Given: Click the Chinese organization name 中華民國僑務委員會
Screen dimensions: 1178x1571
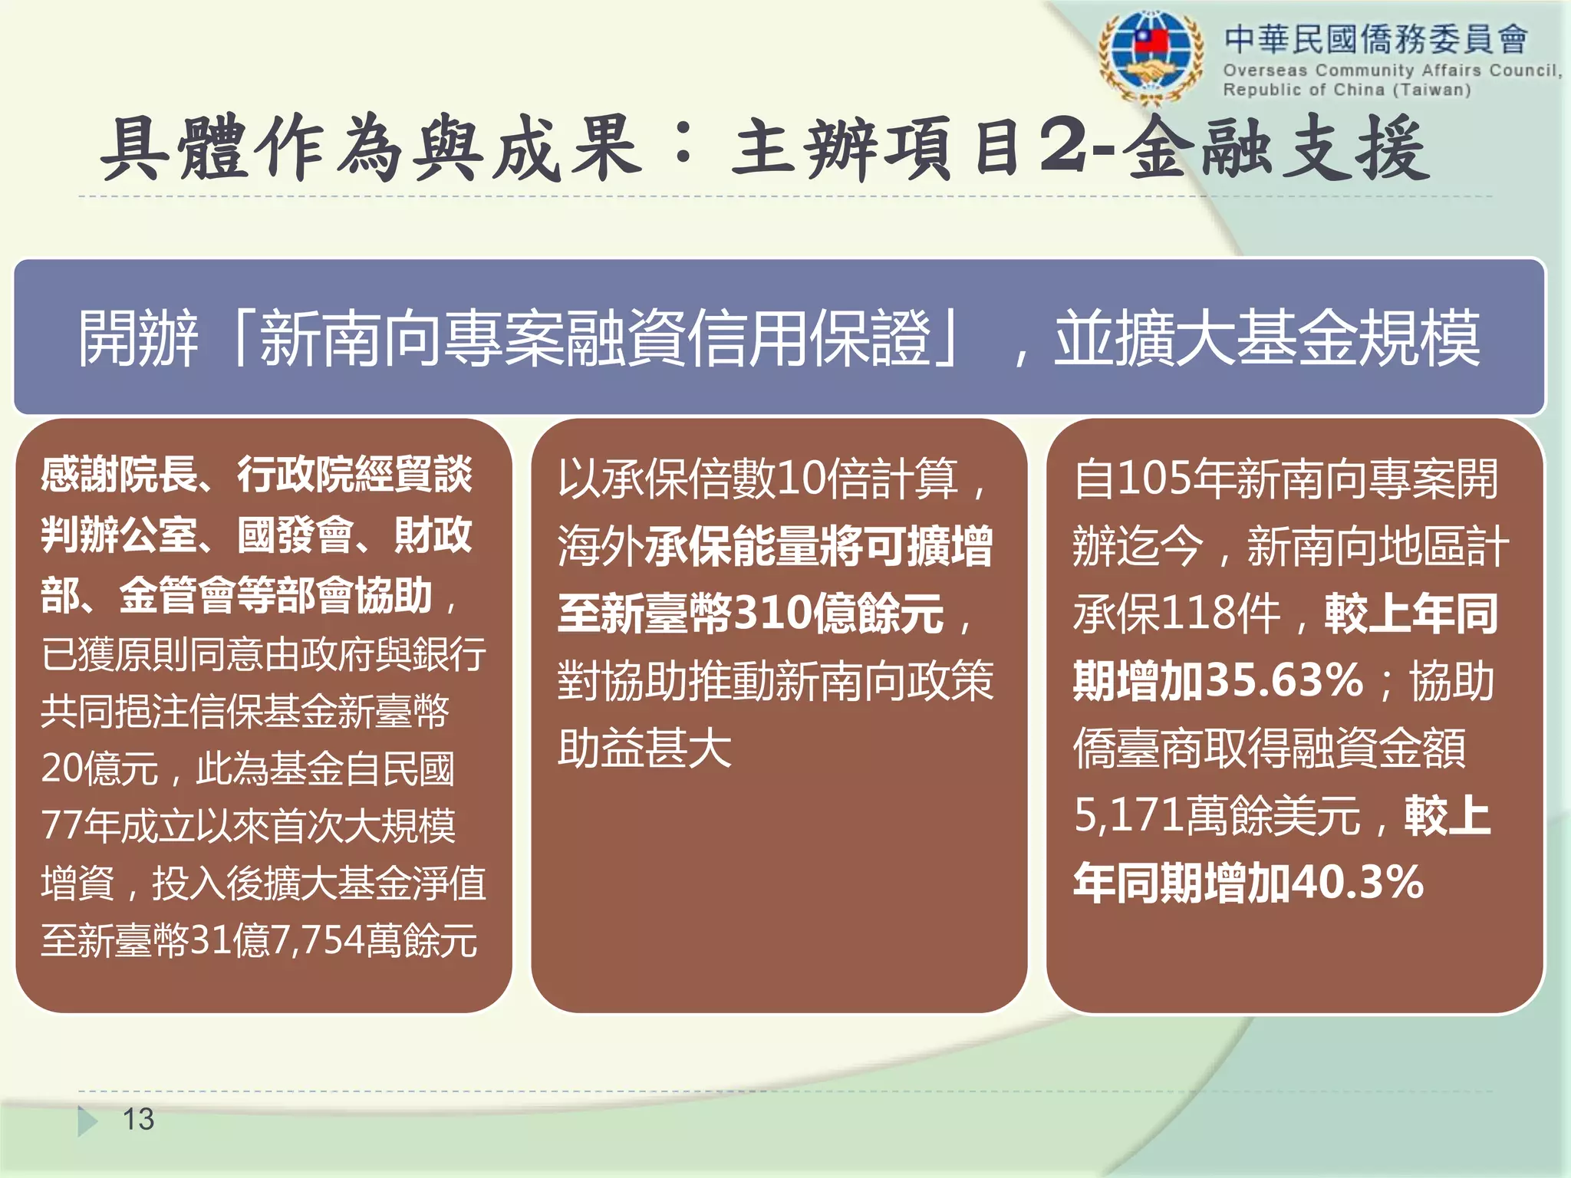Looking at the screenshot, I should pyautogui.click(x=1375, y=38).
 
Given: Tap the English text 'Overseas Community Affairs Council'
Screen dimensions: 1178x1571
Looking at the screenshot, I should pyautogui.click(x=1390, y=71).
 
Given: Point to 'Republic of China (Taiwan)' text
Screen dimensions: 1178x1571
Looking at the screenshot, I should pyautogui.click(x=1346, y=90).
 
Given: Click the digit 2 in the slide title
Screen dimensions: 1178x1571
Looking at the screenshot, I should pyautogui.click(x=1063, y=146).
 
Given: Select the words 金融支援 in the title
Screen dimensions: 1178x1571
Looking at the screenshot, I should pyautogui.click(x=1277, y=147).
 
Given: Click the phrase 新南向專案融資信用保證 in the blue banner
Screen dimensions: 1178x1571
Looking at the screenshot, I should pyautogui.click(x=594, y=338).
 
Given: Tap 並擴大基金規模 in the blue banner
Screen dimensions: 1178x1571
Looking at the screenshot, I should pyautogui.click(x=1266, y=338).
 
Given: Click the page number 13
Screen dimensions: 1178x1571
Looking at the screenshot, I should pyautogui.click(x=138, y=1119).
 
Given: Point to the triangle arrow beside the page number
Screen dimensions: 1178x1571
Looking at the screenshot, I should pyautogui.click(x=87, y=1120).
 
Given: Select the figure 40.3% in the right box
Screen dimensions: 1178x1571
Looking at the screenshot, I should pyautogui.click(x=1358, y=882).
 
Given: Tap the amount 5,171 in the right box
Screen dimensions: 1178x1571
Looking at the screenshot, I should pyautogui.click(x=1128, y=814).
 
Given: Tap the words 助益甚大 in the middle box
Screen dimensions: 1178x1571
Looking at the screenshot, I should pyautogui.click(x=644, y=748).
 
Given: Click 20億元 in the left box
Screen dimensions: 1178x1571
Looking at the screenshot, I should pyautogui.click(x=100, y=768).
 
